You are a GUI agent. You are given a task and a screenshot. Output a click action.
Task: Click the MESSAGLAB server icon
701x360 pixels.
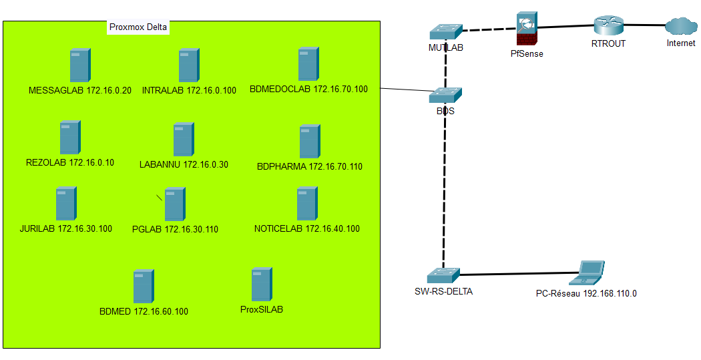(80, 65)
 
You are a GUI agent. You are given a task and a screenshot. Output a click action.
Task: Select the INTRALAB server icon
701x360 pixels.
(189, 65)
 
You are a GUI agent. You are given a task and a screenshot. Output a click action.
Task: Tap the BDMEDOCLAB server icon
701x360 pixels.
(308, 64)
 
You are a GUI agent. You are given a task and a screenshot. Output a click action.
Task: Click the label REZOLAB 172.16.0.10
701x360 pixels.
(70, 162)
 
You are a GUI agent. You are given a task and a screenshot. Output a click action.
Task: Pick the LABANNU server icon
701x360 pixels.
(183, 140)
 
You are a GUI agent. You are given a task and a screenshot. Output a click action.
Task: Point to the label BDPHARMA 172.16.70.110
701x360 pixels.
(310, 166)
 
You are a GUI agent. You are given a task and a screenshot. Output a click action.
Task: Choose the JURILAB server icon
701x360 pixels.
(65, 204)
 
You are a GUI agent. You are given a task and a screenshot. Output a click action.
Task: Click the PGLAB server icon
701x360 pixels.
(175, 204)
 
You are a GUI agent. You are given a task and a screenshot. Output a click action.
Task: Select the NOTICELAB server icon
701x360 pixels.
(307, 204)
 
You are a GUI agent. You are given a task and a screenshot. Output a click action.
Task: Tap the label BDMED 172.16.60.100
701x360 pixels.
(144, 311)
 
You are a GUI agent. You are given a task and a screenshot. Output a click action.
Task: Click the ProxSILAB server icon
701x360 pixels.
(262, 284)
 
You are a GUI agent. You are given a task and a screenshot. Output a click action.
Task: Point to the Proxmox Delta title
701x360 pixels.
(138, 27)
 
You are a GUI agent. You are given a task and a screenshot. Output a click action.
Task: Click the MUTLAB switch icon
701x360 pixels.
(446, 32)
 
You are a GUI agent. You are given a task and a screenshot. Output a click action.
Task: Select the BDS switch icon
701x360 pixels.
(445, 96)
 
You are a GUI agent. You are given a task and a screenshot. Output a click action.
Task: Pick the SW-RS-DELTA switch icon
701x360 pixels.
(443, 275)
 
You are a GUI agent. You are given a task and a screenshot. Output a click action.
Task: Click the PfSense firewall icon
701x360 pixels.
(527, 30)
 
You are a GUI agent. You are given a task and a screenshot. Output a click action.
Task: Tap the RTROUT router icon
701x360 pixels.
(608, 25)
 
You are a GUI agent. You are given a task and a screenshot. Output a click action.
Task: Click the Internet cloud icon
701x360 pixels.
(681, 27)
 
